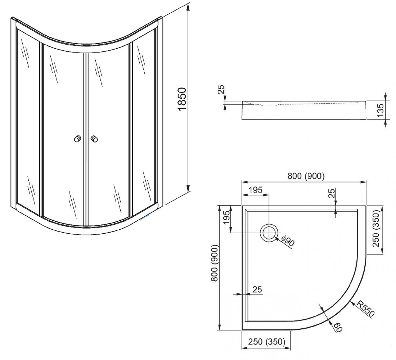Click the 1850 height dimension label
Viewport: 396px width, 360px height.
coord(182,99)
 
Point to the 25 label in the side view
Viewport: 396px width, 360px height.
coord(221,90)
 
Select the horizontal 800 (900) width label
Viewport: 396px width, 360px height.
coord(306,176)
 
